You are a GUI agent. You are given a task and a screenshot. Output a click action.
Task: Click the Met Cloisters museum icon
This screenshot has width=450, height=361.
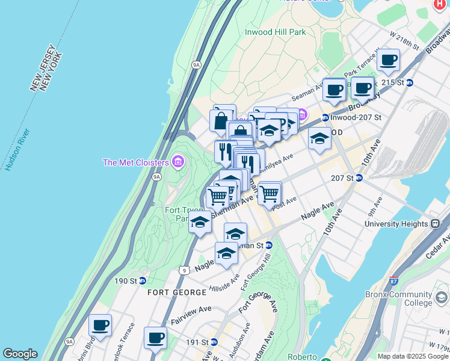point(177,162)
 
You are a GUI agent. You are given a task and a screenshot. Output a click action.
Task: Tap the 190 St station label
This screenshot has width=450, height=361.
point(126,281)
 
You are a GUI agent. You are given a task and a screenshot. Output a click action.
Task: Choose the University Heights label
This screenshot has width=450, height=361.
point(397,224)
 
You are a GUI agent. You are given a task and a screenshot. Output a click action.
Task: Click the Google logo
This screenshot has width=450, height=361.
point(20,354)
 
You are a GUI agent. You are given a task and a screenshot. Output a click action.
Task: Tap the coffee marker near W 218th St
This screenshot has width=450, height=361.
point(389,60)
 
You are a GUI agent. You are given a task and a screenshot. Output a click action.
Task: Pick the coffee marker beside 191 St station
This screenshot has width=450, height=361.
point(155,338)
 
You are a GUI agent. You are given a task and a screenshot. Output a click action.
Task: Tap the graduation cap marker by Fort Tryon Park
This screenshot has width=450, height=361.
point(200,223)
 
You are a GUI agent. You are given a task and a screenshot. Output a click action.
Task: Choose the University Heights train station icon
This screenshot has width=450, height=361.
point(435,224)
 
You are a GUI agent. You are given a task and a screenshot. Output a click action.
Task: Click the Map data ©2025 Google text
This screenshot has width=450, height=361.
point(413,356)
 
